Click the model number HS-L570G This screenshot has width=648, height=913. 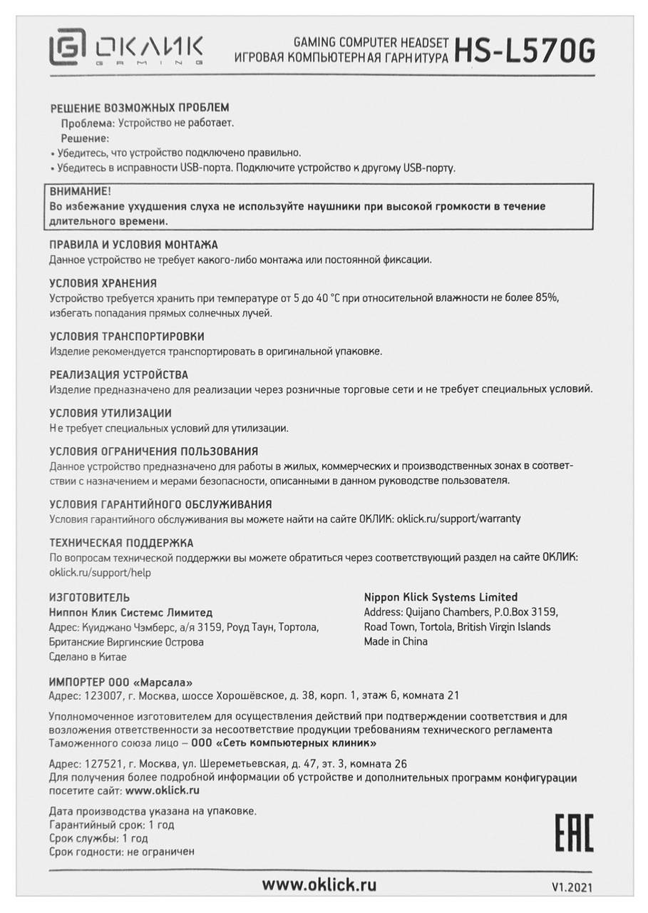524,51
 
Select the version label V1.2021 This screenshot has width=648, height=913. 571,888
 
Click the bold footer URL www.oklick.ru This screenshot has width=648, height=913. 319,885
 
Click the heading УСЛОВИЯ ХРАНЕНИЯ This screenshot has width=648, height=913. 103,283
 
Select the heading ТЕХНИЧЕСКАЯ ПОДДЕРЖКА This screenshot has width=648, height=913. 121,543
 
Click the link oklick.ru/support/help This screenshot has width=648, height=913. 100,572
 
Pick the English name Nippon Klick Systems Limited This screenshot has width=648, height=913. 441,597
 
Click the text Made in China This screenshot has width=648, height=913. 396,641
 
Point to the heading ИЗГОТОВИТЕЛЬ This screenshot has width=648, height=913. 89,597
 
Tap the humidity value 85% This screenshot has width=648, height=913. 557,297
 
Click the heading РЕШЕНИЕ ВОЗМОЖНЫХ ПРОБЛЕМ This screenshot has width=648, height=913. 140,108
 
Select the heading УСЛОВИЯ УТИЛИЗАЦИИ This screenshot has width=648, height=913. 110,413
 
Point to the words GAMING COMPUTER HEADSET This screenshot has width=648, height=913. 371,43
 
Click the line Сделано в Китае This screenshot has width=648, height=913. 88,657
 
